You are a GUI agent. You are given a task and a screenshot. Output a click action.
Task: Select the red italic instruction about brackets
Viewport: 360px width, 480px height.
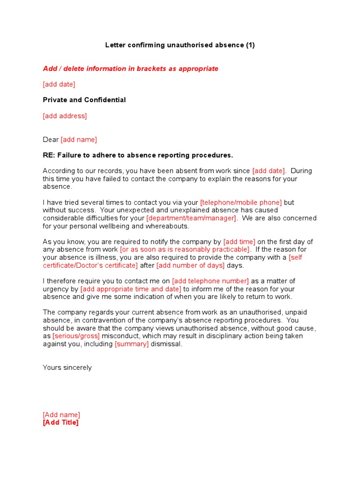(130, 68)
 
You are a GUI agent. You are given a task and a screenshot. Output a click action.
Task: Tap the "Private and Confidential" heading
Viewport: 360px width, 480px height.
(84, 100)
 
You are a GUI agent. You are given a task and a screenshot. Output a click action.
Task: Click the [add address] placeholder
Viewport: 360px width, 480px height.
(65, 116)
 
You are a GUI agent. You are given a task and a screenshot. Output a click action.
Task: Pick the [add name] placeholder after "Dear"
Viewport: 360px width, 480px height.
(79, 140)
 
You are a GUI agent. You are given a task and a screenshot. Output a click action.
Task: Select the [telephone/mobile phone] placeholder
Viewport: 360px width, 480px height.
(241, 202)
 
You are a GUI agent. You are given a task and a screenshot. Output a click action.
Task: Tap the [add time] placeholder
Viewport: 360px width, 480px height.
(239, 242)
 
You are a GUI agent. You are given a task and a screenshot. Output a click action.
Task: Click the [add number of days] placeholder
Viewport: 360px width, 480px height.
(190, 265)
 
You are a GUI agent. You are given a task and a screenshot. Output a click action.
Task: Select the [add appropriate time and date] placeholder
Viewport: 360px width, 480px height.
(131, 289)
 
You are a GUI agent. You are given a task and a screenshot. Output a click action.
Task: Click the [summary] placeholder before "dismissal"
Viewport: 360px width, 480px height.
(132, 344)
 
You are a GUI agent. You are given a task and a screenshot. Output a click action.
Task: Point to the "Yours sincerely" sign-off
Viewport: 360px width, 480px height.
(67, 367)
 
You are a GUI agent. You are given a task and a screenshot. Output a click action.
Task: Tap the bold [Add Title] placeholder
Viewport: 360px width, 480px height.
(61, 422)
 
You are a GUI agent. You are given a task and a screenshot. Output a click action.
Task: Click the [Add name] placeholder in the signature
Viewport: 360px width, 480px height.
(61, 415)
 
